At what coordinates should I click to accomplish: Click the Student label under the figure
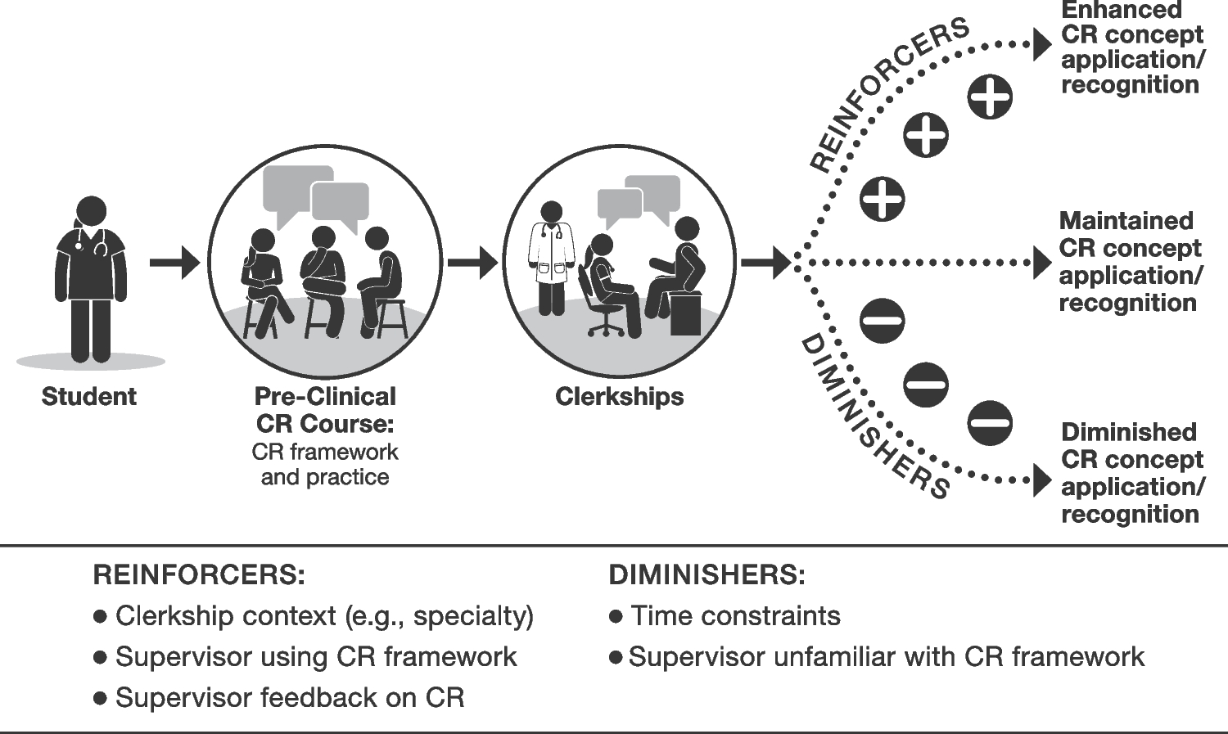(x=88, y=397)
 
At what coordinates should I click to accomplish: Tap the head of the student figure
(x=91, y=212)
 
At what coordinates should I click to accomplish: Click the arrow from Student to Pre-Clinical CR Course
(x=174, y=263)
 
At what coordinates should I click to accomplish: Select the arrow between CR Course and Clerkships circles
(x=472, y=263)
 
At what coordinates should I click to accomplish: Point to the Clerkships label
(x=619, y=397)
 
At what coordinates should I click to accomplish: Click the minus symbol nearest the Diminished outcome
(x=990, y=424)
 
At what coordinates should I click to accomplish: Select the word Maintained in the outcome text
(x=1126, y=221)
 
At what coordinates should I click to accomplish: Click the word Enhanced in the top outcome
(x=1121, y=11)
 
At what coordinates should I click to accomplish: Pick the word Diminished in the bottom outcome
(x=1128, y=432)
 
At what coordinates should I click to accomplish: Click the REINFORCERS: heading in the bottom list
(x=199, y=575)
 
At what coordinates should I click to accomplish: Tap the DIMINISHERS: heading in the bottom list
(x=707, y=575)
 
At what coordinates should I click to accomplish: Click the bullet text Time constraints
(x=735, y=616)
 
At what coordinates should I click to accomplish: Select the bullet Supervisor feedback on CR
(x=290, y=698)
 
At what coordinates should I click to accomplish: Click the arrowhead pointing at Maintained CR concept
(x=1041, y=263)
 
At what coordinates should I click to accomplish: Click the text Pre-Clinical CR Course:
(x=325, y=410)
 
